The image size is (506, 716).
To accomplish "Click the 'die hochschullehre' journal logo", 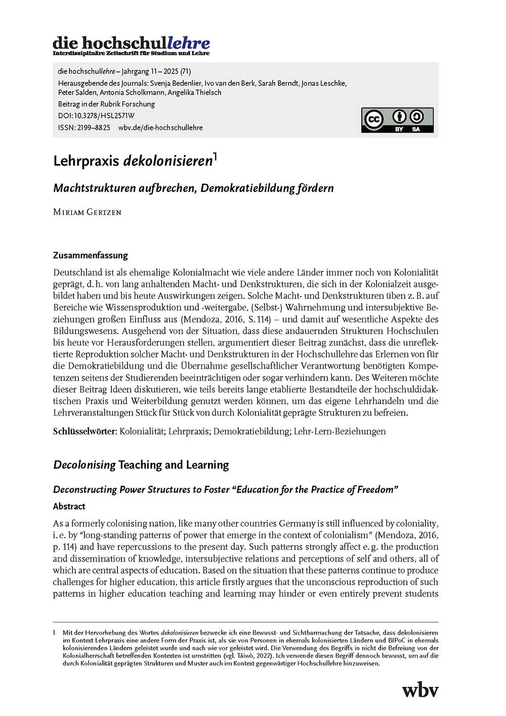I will click(x=131, y=45).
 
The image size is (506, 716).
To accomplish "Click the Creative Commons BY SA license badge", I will click(x=397, y=120).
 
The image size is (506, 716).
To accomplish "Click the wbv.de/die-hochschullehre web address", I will click(x=160, y=128).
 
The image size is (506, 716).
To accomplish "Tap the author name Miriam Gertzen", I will click(x=87, y=212).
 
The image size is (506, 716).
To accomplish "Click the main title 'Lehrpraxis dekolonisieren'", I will click(x=133, y=161).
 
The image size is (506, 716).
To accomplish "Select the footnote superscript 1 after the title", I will click(x=215, y=156).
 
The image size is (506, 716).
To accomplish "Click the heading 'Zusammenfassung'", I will click(x=91, y=255).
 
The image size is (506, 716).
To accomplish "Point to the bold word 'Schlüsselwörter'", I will click(x=85, y=431).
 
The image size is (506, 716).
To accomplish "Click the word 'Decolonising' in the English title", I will click(x=85, y=465).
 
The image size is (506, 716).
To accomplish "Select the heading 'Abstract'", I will click(x=69, y=506).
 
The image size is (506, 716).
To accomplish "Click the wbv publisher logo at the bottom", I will click(x=420, y=690).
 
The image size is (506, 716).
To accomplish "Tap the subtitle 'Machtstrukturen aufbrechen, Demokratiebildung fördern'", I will click(x=193, y=188).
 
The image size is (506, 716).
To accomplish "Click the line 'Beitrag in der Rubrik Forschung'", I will click(x=106, y=104).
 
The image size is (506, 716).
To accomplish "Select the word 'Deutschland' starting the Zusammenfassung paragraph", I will click(x=77, y=272).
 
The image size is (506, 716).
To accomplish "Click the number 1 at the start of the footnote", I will click(x=54, y=632).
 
